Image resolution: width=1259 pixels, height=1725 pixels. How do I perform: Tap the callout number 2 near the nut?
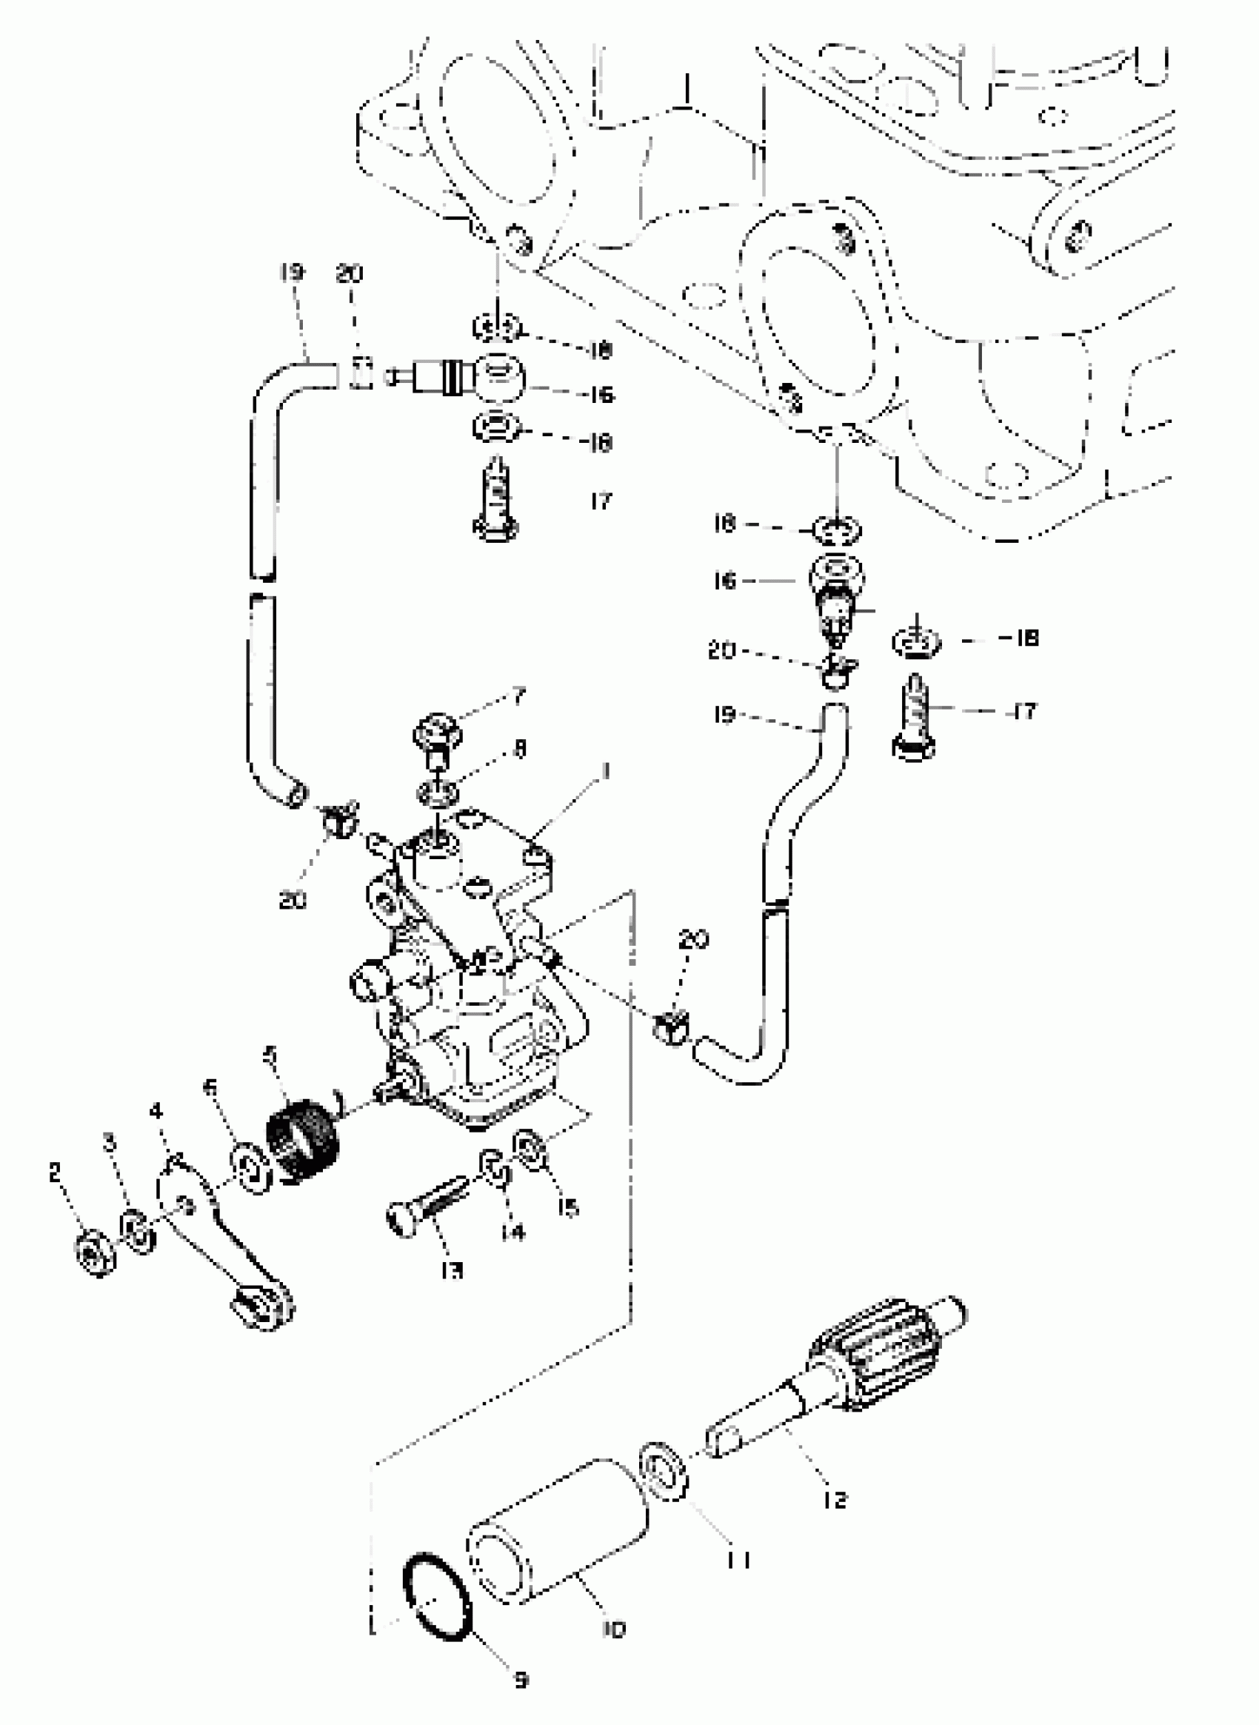click(x=55, y=1172)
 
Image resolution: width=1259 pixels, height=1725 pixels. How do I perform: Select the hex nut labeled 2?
click(x=95, y=1252)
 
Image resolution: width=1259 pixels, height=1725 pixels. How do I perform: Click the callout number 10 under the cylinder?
click(x=613, y=1629)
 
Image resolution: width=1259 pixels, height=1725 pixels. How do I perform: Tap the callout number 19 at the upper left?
click(x=292, y=273)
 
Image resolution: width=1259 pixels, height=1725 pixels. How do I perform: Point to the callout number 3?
click(x=110, y=1142)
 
